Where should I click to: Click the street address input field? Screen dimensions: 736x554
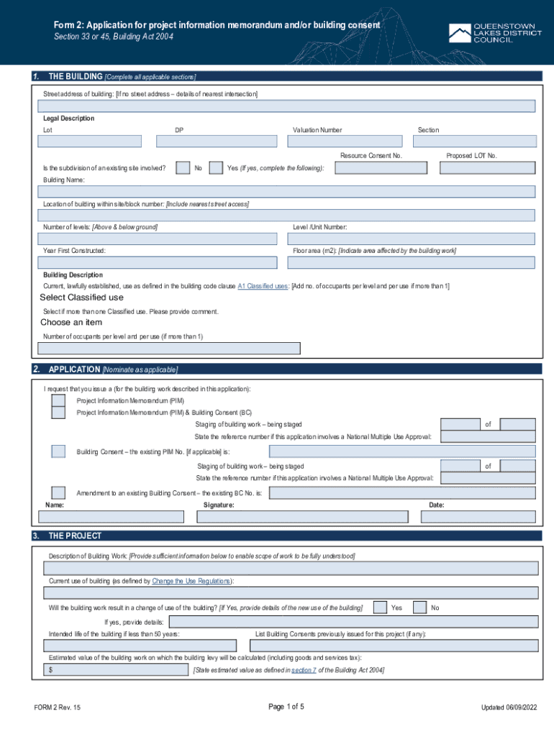(286, 106)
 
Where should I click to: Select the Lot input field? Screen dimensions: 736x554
(89, 141)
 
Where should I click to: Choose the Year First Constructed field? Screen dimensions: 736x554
(157, 262)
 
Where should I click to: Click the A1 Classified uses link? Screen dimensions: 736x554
(263, 286)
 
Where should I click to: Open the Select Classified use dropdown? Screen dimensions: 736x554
(81, 298)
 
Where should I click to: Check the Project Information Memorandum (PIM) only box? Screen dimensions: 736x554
(58, 400)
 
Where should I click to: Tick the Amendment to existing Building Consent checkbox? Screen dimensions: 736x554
(58, 493)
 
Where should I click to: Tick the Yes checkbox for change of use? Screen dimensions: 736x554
(380, 607)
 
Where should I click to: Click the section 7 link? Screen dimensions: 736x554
(303, 670)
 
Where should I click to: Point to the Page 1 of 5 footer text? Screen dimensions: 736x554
(286, 707)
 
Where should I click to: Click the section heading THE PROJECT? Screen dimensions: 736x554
(75, 536)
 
